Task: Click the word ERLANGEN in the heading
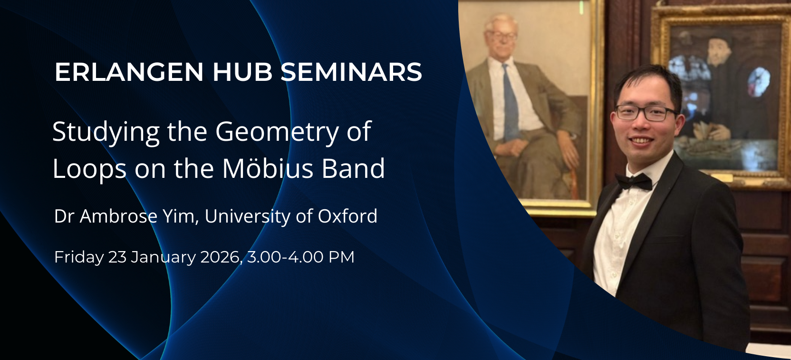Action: [x=129, y=72]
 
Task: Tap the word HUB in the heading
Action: [x=242, y=72]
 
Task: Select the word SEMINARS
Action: [x=351, y=72]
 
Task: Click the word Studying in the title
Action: [x=106, y=132]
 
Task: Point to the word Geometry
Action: [x=277, y=132]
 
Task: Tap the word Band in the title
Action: [x=353, y=169]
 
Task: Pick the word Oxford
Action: [x=347, y=216]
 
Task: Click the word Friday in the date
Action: [x=79, y=257]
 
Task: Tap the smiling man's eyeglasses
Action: [x=645, y=113]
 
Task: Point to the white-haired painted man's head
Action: [x=501, y=34]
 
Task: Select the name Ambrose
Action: [x=118, y=216]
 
